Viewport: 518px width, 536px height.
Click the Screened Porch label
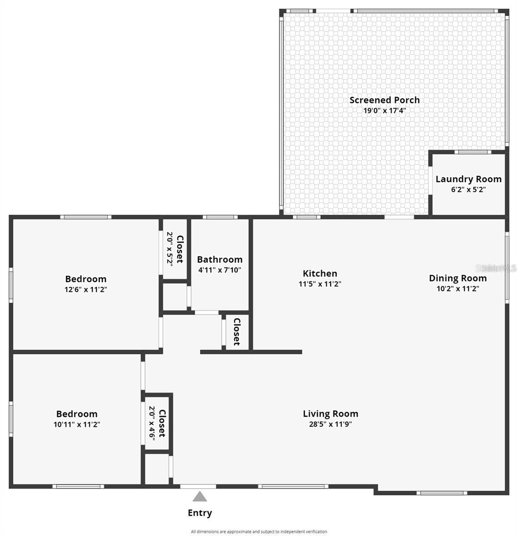(384, 100)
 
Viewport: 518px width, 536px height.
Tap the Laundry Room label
(468, 179)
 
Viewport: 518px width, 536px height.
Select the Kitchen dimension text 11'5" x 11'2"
(320, 284)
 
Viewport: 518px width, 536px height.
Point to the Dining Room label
(457, 278)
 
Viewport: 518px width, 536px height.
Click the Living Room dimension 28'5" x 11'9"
(330, 424)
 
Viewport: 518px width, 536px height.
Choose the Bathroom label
(219, 260)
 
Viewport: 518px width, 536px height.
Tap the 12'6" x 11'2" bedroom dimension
(85, 289)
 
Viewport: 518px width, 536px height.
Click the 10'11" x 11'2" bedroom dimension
(76, 424)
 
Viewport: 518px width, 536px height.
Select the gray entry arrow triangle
(199, 497)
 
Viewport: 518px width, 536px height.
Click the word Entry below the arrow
(199, 513)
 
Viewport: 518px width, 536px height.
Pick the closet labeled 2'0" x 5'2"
(175, 249)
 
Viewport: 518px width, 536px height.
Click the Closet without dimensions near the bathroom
(236, 331)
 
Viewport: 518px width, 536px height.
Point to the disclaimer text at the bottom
(259, 532)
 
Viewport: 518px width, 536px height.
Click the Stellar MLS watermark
(496, 268)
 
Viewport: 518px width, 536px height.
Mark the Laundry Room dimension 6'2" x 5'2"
(468, 189)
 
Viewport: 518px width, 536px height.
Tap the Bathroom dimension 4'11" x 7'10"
(219, 270)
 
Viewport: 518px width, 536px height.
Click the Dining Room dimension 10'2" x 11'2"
(457, 289)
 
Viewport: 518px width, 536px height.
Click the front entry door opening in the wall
(198, 486)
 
